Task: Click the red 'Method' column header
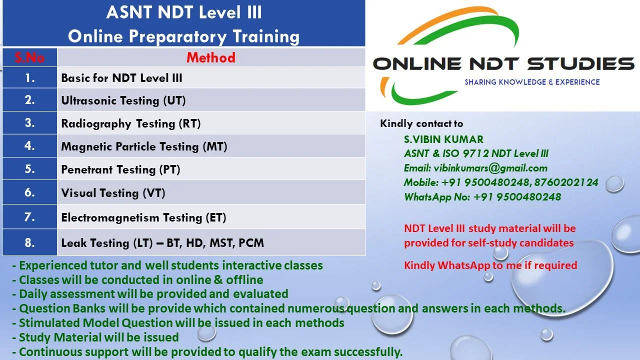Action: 211,57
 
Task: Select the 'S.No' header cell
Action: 29,57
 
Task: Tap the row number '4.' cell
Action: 29,145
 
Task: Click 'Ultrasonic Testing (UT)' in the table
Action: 123,100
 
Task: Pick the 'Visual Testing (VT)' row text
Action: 113,193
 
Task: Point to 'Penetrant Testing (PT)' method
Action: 120,169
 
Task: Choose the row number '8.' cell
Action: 29,242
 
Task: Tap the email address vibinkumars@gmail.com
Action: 490,168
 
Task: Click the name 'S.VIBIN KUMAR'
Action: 443,139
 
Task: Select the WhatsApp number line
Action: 482,197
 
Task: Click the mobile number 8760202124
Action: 566,182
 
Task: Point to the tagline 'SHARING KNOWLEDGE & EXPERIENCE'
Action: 532,82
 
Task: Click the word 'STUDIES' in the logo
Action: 580,63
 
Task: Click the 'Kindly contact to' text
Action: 421,123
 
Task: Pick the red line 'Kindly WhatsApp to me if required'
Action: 490,265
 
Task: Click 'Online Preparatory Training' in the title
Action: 183,37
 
